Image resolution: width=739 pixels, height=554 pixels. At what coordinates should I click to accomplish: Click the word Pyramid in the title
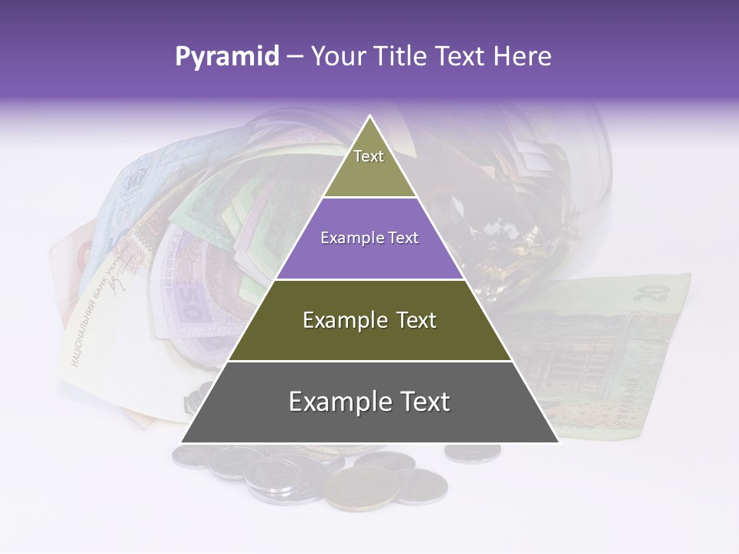coord(226,57)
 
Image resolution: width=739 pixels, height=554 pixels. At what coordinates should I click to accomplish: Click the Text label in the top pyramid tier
coord(369,156)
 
